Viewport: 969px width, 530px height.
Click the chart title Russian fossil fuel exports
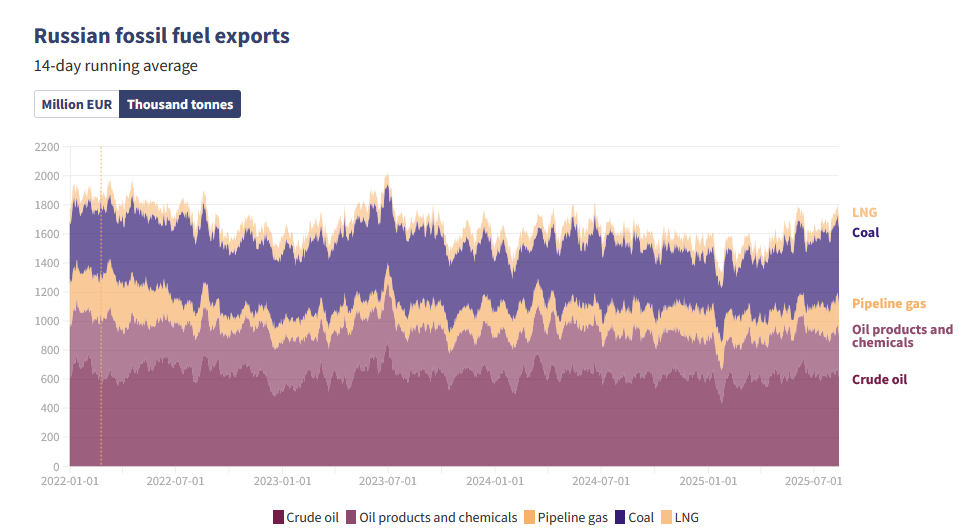[x=162, y=36]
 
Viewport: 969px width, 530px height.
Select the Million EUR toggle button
[x=77, y=104]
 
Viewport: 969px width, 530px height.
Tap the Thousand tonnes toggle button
[x=180, y=104]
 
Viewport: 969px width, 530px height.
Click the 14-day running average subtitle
[x=116, y=66]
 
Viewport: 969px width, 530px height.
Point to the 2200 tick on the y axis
[x=47, y=147]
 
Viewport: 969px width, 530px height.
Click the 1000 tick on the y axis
[x=47, y=321]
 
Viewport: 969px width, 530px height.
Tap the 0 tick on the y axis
[x=55, y=467]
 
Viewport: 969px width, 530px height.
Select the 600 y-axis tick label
[x=50, y=380]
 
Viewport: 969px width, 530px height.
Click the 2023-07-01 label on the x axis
[x=388, y=481]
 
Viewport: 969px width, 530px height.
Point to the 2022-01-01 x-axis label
[x=70, y=481]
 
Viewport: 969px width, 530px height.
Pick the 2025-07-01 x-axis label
[x=813, y=481]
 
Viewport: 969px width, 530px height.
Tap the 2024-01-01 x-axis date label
[x=494, y=481]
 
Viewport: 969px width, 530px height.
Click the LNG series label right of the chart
[x=864, y=212]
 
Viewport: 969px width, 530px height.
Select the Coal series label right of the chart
[x=865, y=233]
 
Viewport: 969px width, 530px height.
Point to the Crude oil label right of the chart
[x=879, y=379]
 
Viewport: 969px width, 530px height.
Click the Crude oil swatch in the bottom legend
[x=278, y=517]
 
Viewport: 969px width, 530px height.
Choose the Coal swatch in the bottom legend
[x=620, y=517]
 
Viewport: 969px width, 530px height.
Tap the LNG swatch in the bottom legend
[x=667, y=517]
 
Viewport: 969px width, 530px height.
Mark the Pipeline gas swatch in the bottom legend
[x=530, y=517]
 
